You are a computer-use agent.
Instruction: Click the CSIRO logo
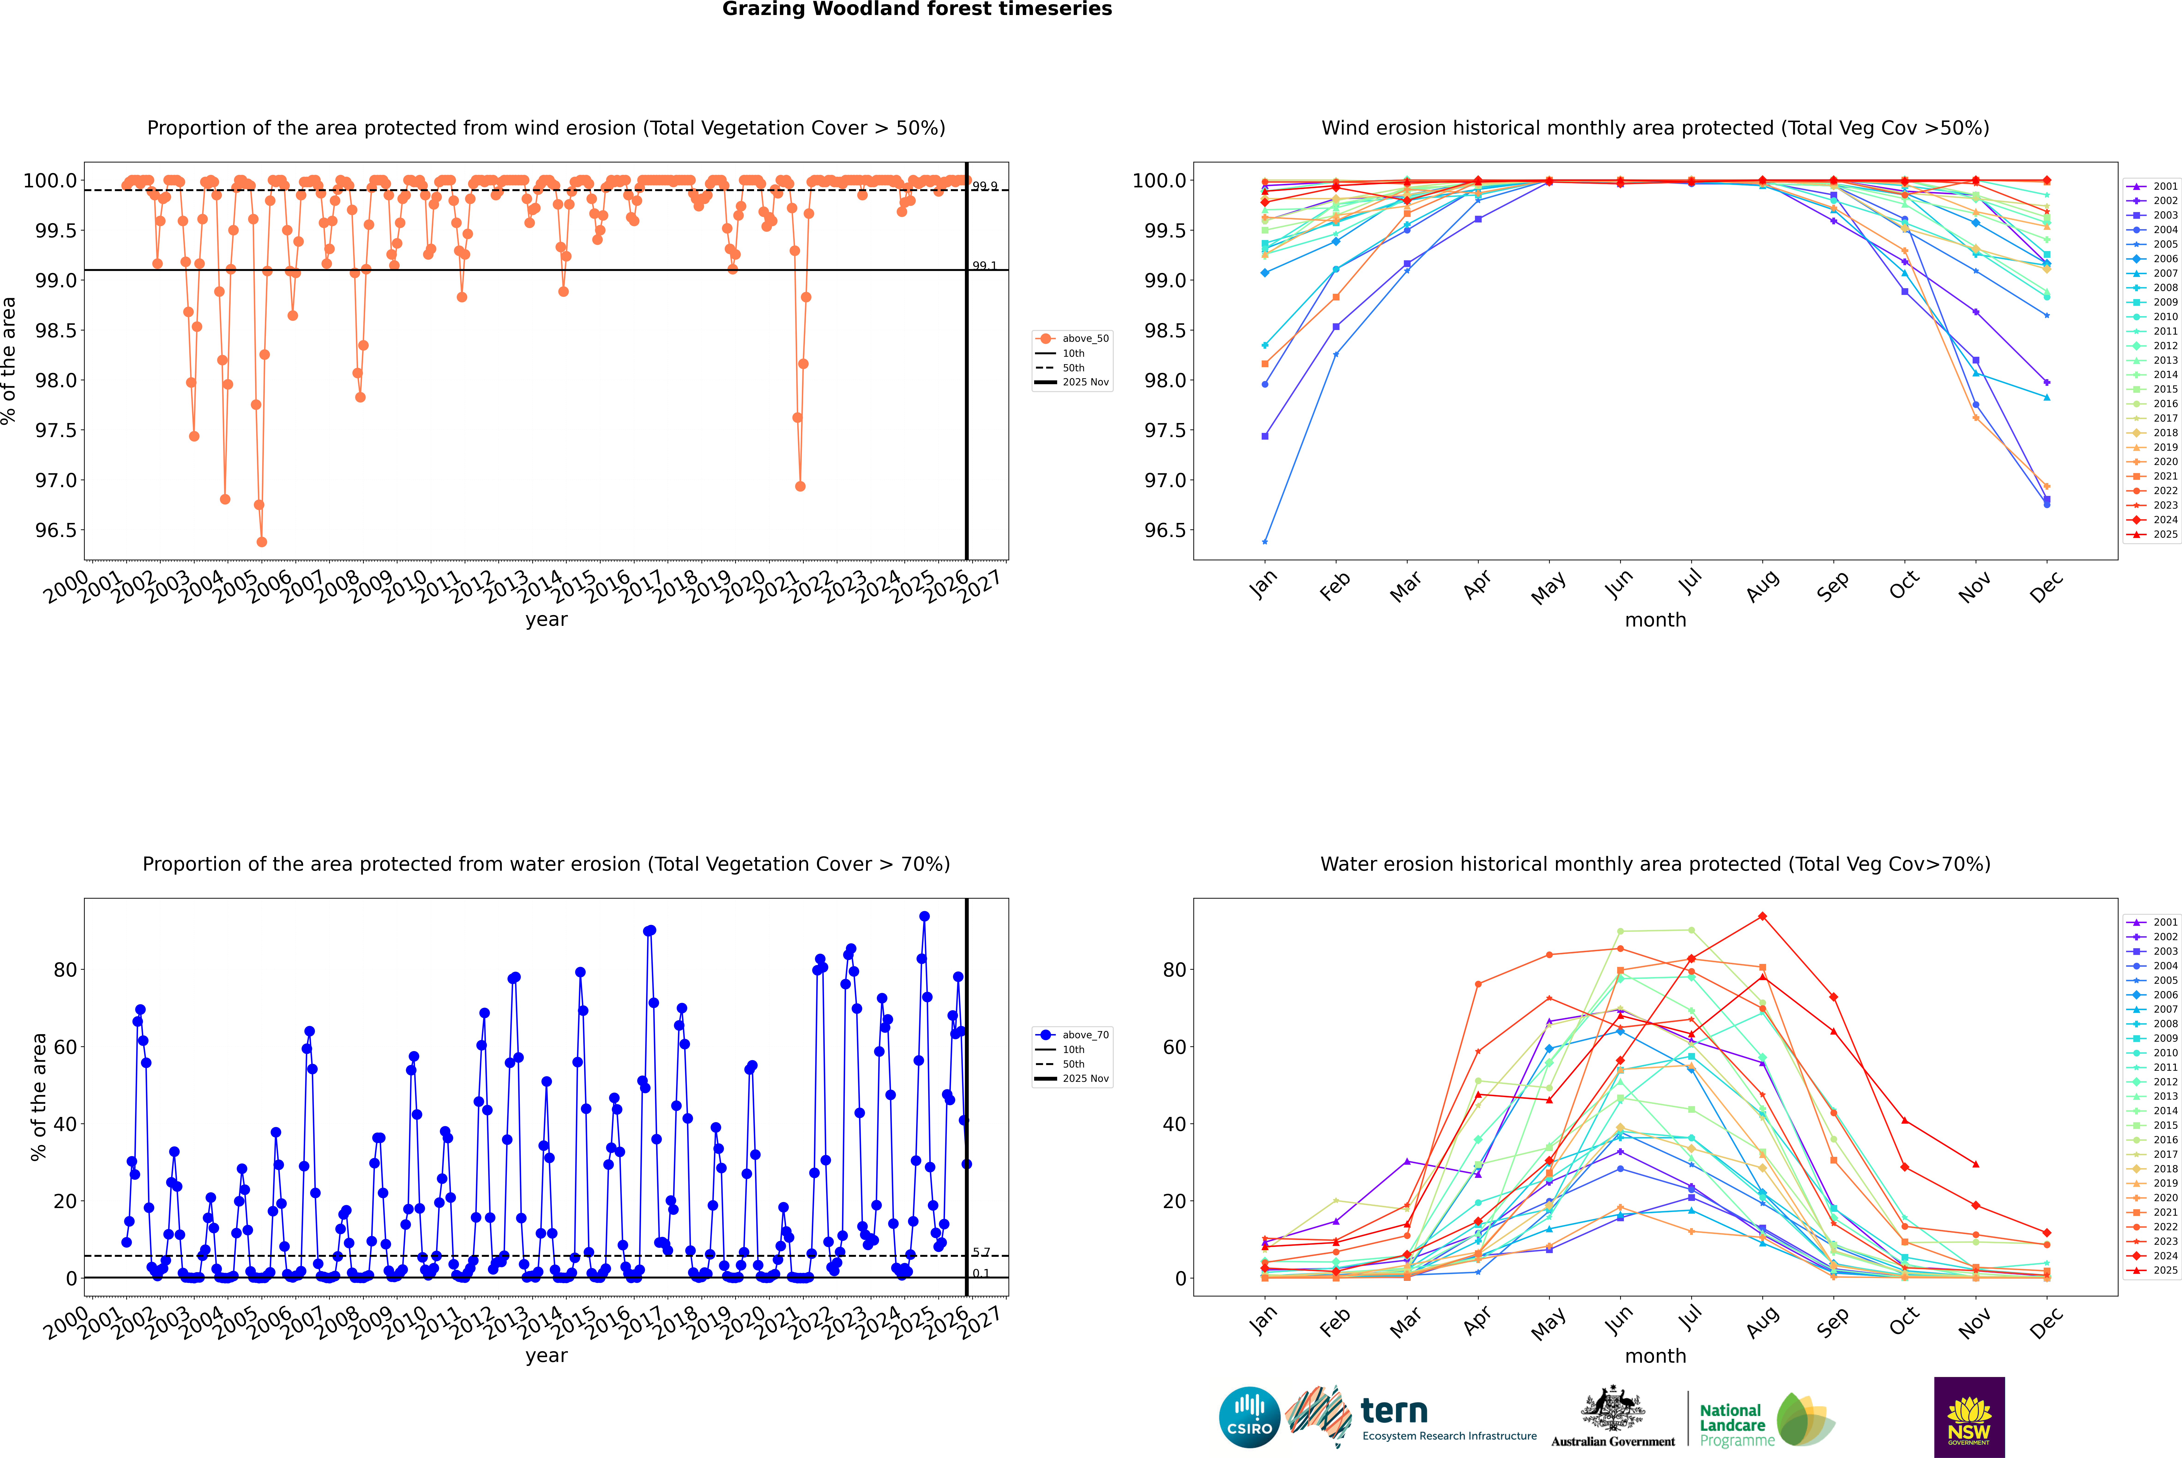(1249, 1417)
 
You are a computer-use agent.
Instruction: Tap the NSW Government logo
(1969, 1417)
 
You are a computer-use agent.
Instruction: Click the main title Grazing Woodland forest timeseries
(916, 9)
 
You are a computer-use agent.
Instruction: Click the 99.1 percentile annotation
(984, 266)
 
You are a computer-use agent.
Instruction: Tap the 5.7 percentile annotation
(981, 1253)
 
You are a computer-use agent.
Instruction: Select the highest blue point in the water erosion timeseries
(924, 916)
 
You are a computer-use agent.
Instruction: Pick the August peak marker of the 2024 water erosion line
(1762, 917)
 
